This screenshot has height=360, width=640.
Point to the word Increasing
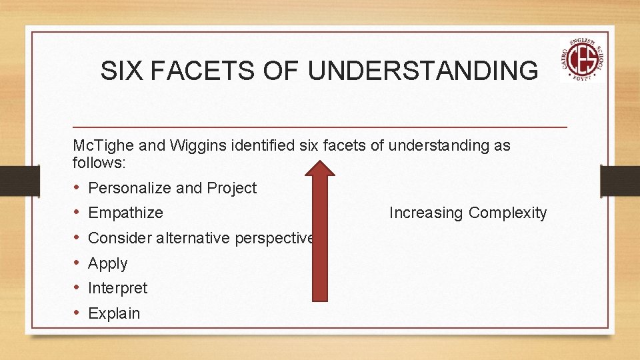pos(426,213)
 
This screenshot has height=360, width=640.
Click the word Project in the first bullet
pos(231,189)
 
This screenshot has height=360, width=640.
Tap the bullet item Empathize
pos(125,213)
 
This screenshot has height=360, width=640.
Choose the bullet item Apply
pos(107,263)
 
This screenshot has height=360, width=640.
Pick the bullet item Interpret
pos(117,288)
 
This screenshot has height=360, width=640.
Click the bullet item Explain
pos(114,313)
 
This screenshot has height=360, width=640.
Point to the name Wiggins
pos(197,145)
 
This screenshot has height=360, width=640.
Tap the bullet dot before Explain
pos(77,313)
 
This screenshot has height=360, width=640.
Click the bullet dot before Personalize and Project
pos(77,188)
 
